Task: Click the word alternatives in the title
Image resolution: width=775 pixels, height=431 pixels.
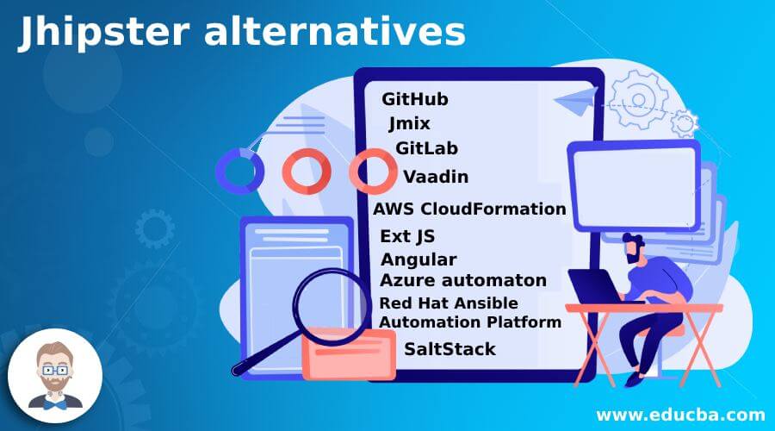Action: coord(335,32)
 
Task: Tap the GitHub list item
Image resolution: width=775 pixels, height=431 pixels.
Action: coord(415,99)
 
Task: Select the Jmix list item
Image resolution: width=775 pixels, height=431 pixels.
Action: coord(409,124)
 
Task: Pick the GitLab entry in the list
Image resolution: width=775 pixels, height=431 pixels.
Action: coord(426,148)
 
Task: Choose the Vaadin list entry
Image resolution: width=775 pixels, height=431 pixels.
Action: coord(436,177)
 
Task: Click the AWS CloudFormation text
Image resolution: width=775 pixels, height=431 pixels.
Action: coord(469,209)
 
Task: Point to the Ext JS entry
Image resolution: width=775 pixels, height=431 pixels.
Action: coord(407,236)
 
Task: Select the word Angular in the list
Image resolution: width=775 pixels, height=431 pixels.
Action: coord(418,259)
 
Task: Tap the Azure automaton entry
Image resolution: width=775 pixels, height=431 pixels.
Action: coord(463,280)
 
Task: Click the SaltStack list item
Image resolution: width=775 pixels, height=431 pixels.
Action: coord(449,349)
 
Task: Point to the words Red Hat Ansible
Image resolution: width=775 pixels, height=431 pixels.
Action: coord(449,303)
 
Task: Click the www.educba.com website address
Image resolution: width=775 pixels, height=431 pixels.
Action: coord(680,415)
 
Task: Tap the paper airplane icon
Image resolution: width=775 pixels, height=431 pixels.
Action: coord(576,101)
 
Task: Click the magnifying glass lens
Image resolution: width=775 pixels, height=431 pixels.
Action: coord(330,307)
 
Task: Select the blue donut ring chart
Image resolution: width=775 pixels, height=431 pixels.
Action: coord(239,172)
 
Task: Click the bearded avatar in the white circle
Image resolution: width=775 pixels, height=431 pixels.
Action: coord(55,376)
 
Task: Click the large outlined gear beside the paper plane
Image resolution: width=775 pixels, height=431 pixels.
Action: coord(638,99)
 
